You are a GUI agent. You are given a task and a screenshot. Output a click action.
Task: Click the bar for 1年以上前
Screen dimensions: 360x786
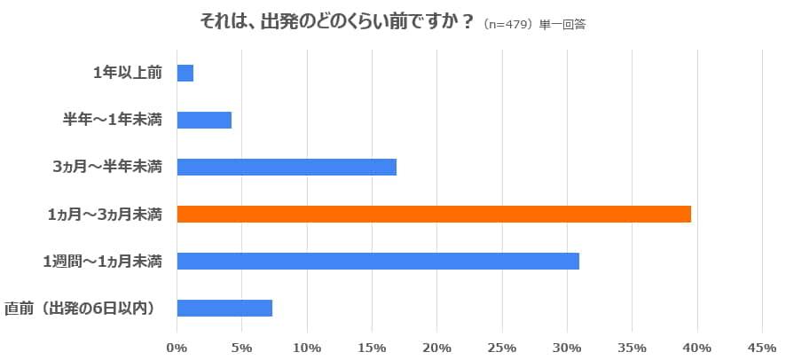pos(185,74)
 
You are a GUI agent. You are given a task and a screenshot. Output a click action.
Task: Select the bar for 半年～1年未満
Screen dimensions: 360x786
pos(204,121)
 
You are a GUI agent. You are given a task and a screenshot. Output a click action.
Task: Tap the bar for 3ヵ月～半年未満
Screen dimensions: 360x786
pos(287,167)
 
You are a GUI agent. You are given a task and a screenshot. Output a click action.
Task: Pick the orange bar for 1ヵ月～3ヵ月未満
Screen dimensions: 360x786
pos(434,214)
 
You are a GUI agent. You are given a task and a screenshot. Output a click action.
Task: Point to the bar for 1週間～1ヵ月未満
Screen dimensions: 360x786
pos(378,261)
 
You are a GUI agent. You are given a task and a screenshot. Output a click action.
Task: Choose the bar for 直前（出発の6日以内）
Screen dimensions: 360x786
pos(224,308)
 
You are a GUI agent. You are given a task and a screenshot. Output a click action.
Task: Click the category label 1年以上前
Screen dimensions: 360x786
pos(127,74)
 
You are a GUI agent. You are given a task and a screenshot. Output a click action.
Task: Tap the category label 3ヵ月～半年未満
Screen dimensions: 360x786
pos(107,167)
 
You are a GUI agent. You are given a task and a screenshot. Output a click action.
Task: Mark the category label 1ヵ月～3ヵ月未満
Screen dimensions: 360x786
pos(104,214)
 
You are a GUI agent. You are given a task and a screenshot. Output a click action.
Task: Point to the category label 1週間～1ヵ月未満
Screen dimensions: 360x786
pos(102,261)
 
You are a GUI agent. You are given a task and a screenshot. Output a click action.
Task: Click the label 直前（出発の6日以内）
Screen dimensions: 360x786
pos(81,308)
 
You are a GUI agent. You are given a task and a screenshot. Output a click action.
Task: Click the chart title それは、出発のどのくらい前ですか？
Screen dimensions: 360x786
pos(331,21)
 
